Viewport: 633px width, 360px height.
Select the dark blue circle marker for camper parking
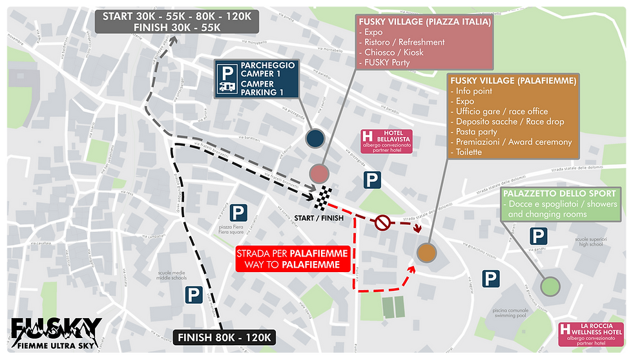click(315, 138)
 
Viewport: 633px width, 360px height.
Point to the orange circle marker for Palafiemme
click(426, 253)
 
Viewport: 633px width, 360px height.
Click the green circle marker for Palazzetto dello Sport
click(550, 286)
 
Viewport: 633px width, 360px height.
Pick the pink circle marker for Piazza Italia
click(320, 173)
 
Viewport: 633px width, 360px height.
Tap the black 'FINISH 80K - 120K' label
click(225, 337)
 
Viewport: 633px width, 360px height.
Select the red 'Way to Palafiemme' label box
click(293, 259)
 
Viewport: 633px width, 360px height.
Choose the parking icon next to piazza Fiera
click(238, 211)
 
